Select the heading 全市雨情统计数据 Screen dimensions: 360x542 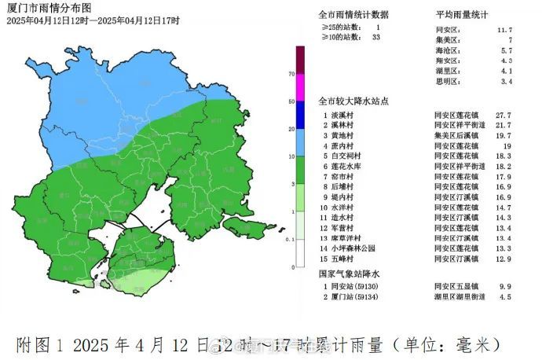[x=353, y=15]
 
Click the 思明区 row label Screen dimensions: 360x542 [x=446, y=81]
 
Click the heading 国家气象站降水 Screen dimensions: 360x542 [x=349, y=274]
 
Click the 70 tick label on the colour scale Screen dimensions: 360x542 [x=291, y=74]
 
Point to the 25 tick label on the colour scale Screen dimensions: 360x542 [x=291, y=130]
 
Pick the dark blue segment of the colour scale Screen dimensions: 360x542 [x=300, y=116]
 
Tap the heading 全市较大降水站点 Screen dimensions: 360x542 [x=353, y=101]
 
